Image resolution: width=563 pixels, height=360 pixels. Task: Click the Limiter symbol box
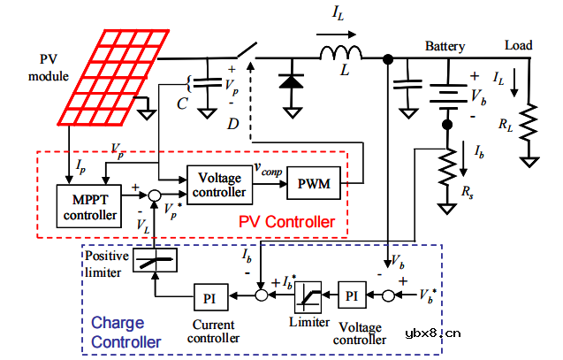click(308, 294)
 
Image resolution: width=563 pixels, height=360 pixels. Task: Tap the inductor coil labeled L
click(339, 55)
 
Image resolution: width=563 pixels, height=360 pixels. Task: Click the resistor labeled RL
click(529, 125)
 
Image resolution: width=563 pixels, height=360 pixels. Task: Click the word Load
click(518, 45)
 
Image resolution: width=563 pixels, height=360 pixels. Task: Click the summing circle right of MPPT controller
click(154, 194)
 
